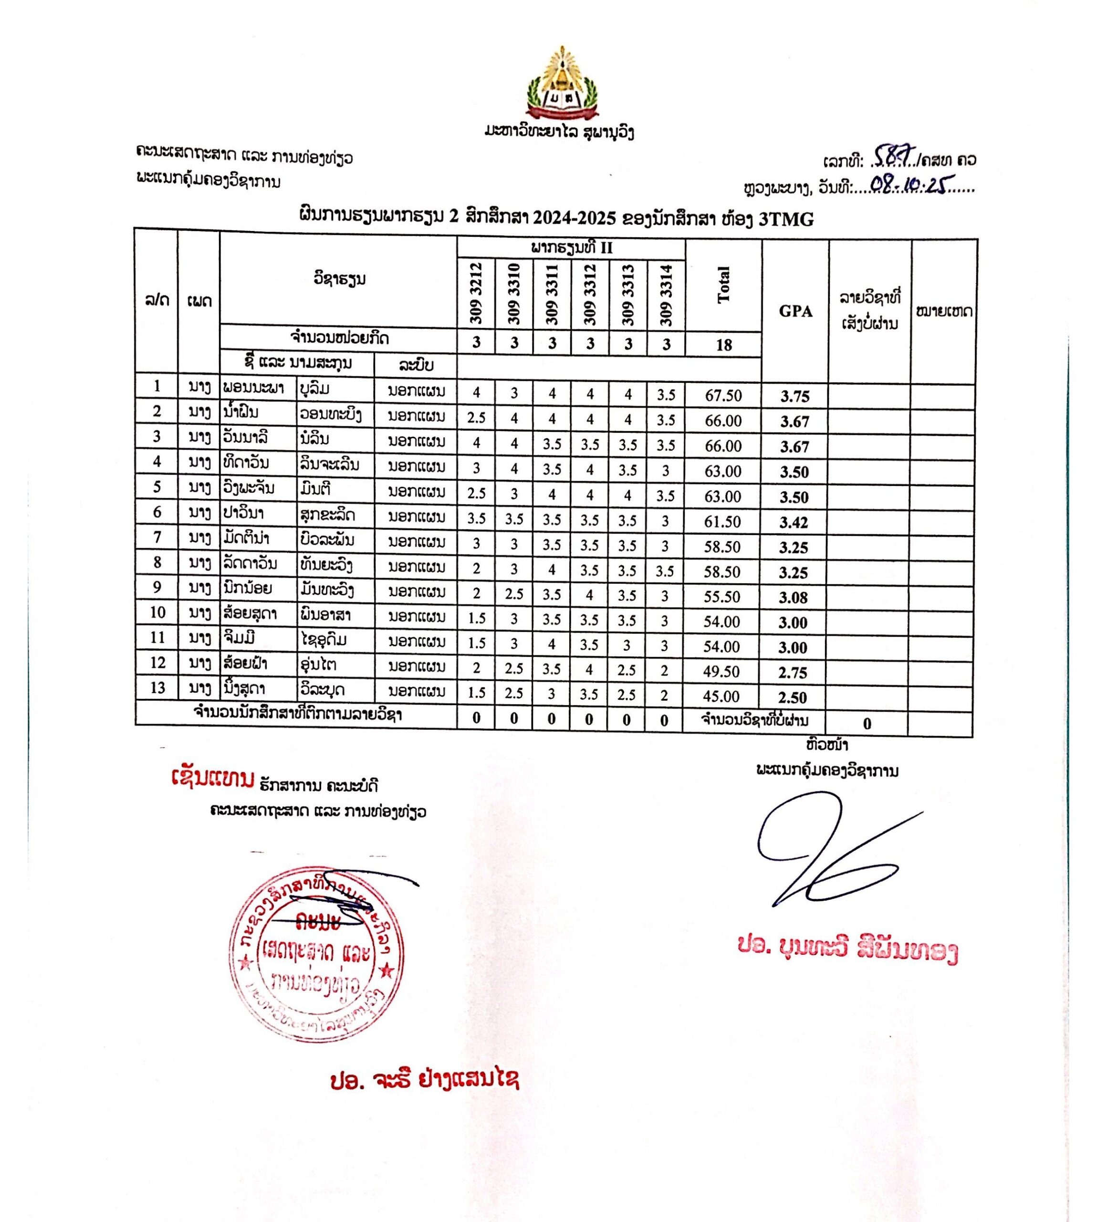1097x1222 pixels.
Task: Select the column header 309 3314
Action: (666, 295)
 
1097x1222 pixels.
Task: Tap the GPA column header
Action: (795, 311)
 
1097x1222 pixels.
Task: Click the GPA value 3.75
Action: (794, 396)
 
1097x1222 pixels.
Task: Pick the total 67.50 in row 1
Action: (723, 395)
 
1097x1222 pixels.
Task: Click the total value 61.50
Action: (722, 521)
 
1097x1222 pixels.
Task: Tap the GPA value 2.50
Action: (792, 697)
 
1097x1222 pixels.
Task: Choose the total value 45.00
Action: (721, 697)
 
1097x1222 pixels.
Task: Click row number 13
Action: (157, 687)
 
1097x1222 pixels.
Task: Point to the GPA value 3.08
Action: (793, 598)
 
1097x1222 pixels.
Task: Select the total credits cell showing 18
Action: (723, 345)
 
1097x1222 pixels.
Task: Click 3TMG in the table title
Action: (785, 220)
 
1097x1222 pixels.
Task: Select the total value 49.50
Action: (721, 672)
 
